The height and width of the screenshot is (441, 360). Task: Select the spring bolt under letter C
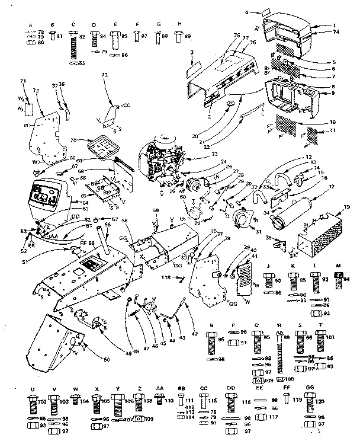coord(74,45)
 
